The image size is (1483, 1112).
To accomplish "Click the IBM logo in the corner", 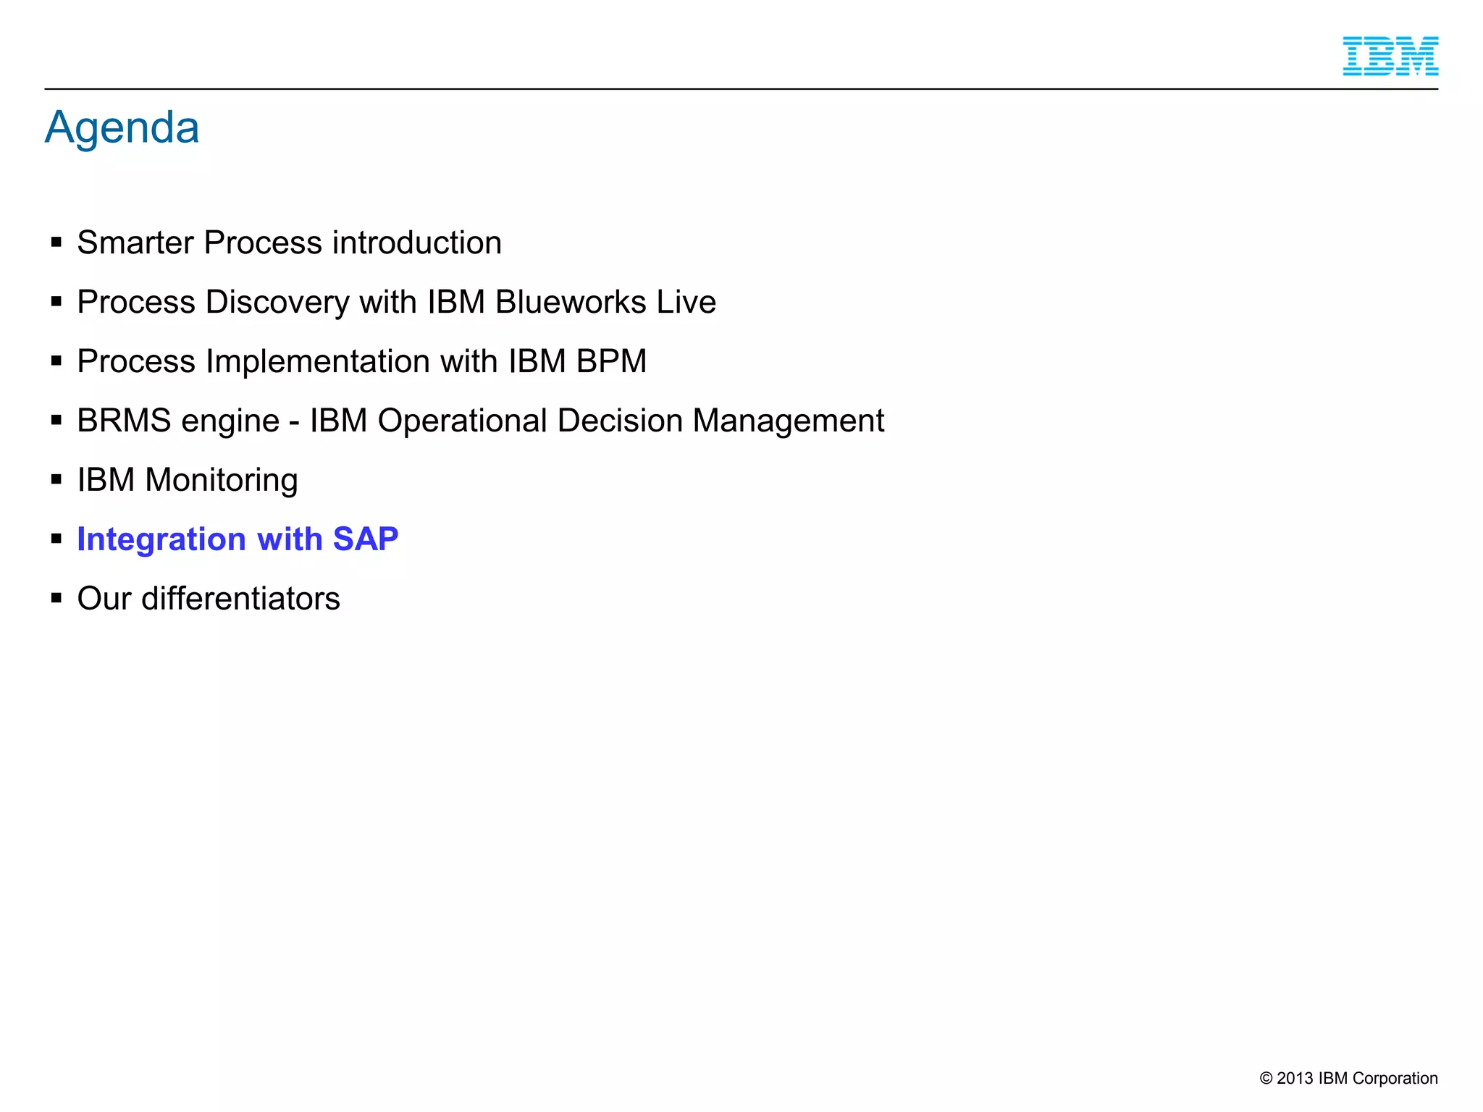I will click(x=1390, y=56).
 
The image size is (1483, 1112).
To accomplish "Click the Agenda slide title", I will click(x=122, y=128).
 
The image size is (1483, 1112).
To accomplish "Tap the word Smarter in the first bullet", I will click(x=135, y=243).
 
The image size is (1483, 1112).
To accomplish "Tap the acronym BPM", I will click(x=611, y=361).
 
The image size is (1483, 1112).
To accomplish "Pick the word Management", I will click(x=788, y=421).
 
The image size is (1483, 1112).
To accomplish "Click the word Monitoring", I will click(x=221, y=480).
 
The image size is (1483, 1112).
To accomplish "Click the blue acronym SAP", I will click(x=365, y=539).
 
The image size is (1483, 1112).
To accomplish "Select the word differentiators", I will click(x=240, y=599).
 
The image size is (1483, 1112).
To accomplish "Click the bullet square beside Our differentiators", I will click(x=56, y=598).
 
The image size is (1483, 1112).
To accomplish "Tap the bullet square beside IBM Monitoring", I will click(x=56, y=479).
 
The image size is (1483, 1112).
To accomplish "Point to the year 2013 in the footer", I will click(x=1294, y=1078).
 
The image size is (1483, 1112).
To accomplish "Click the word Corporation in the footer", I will click(x=1395, y=1078).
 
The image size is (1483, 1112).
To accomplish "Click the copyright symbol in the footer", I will click(x=1266, y=1078).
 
